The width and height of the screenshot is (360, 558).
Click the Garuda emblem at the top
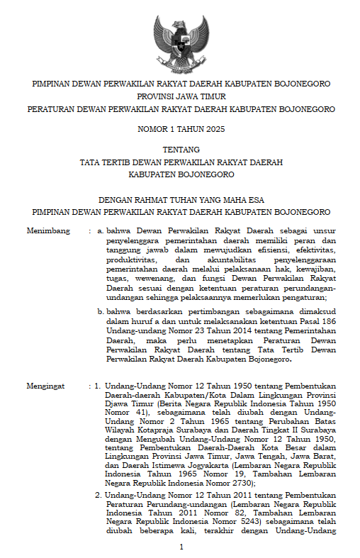point(181,40)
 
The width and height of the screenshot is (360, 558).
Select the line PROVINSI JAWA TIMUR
point(180,96)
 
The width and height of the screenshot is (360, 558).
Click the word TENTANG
point(180,150)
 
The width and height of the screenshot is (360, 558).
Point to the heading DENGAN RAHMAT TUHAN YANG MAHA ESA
point(180,199)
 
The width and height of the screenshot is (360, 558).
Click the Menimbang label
point(48,231)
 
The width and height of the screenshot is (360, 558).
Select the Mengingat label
point(45,386)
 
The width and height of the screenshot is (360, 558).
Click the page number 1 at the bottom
point(181,547)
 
